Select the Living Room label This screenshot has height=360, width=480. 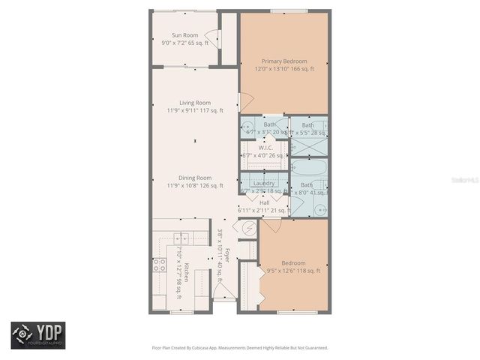click(194, 103)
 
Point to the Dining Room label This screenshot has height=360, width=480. click(194, 178)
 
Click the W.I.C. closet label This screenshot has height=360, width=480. click(265, 148)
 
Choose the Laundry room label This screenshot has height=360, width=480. click(263, 183)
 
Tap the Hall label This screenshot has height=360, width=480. click(264, 202)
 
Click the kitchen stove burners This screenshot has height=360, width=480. click(159, 264)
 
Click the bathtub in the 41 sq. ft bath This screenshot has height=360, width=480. click(307, 167)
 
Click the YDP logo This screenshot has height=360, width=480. click(38, 334)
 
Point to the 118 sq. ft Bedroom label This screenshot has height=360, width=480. click(293, 263)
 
